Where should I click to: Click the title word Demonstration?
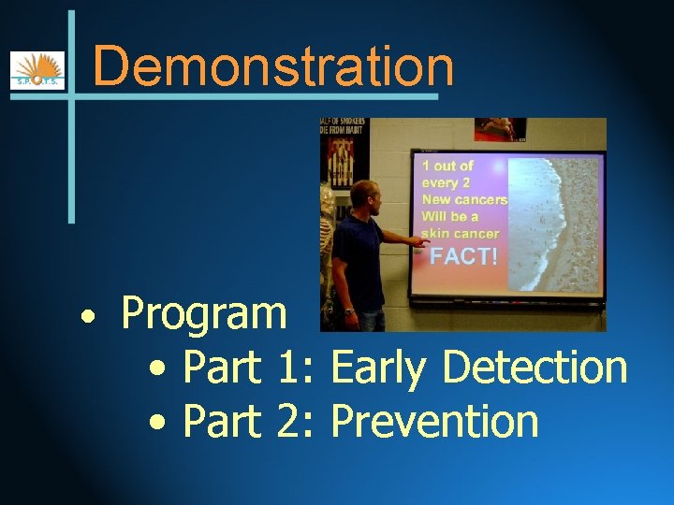tap(273, 66)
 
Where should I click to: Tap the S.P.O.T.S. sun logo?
tap(37, 70)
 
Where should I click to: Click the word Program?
tap(204, 313)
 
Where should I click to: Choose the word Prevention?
tap(434, 421)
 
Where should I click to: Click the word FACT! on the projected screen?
tap(462, 255)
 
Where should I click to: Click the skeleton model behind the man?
tap(328, 243)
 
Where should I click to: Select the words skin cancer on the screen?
tap(460, 234)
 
